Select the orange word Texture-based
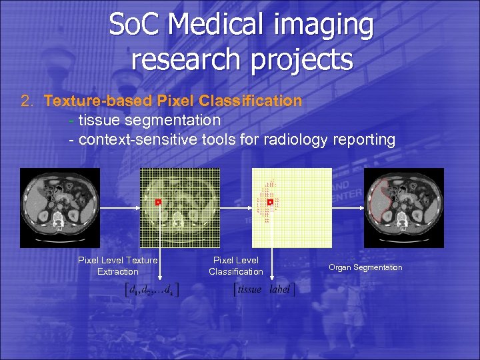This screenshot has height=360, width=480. pyautogui.click(x=98, y=101)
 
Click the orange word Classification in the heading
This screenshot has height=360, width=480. pyautogui.click(x=254, y=101)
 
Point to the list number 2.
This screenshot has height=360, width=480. pyautogui.click(x=27, y=101)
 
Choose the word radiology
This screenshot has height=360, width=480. pyautogui.click(x=293, y=140)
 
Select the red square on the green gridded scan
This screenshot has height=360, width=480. pyautogui.click(x=158, y=201)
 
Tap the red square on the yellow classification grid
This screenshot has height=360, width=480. pyautogui.click(x=270, y=201)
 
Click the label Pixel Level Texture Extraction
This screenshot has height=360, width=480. pyautogui.click(x=118, y=266)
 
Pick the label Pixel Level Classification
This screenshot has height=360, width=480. pyautogui.click(x=236, y=266)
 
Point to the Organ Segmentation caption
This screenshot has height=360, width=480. pyautogui.click(x=365, y=267)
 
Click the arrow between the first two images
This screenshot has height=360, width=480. pyautogui.click(x=120, y=208)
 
